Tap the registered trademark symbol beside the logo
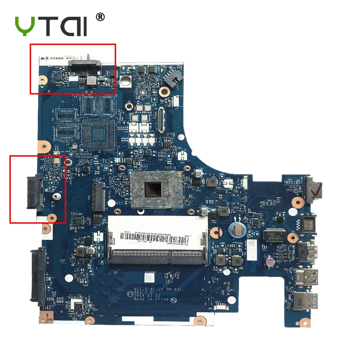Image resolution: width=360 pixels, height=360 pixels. [x=100, y=17]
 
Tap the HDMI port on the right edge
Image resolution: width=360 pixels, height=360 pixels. [x=307, y=251]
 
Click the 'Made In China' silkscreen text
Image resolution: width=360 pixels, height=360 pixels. [x=153, y=299]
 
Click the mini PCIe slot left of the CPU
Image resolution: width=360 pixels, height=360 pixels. [x=99, y=197]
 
